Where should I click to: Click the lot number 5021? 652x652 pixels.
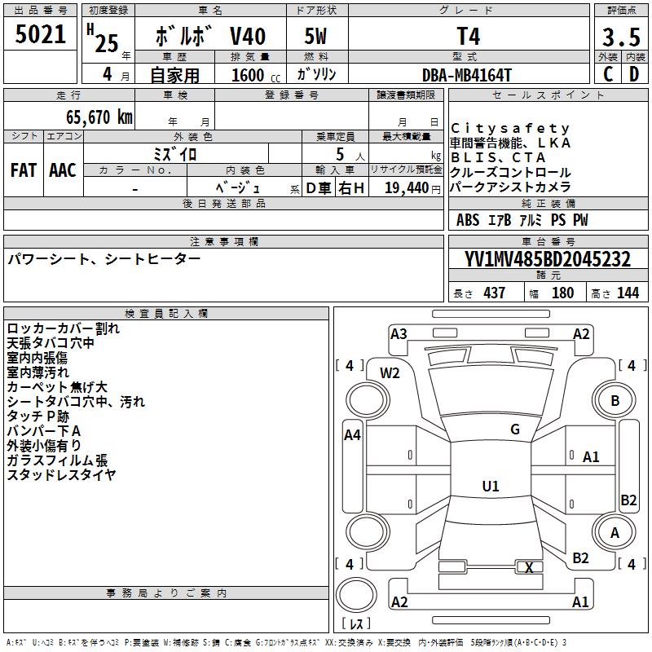pyautogui.click(x=42, y=35)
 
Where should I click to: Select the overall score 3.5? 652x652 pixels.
pyautogui.click(x=620, y=37)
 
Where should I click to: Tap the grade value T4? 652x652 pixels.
pyautogui.click(x=469, y=37)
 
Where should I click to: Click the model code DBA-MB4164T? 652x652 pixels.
pyautogui.click(x=467, y=75)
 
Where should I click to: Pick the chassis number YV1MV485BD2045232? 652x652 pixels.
pyautogui.click(x=548, y=259)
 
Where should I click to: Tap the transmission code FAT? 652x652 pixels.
pyautogui.click(x=24, y=170)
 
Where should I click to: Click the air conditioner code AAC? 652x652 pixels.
pyautogui.click(x=63, y=170)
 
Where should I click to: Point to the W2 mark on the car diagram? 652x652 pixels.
pyautogui.click(x=390, y=373)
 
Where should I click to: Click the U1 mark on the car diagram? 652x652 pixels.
pyautogui.click(x=491, y=487)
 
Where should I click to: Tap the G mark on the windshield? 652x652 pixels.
pyautogui.click(x=515, y=430)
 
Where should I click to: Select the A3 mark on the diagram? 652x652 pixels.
pyautogui.click(x=399, y=333)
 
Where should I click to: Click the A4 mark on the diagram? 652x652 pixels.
pyautogui.click(x=352, y=435)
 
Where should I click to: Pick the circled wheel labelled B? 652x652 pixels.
pyautogui.click(x=615, y=400)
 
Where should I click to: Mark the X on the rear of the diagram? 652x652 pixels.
pyautogui.click(x=530, y=567)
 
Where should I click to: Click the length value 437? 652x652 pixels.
pyautogui.click(x=494, y=293)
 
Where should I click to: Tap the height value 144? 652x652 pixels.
pyautogui.click(x=628, y=293)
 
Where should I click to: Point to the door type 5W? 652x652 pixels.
pyautogui.click(x=315, y=37)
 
